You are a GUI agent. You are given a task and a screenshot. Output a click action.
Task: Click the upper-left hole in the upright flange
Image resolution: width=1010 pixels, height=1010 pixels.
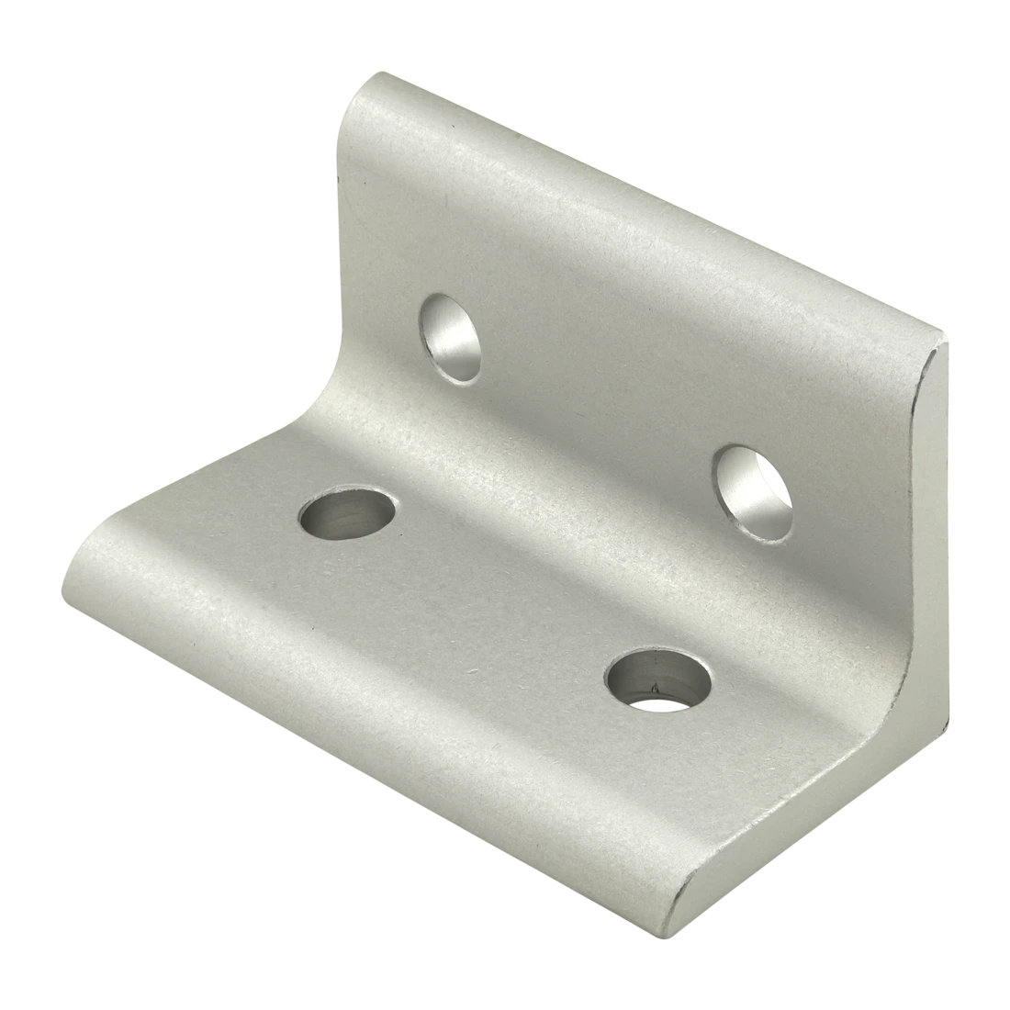pyautogui.click(x=451, y=337)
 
